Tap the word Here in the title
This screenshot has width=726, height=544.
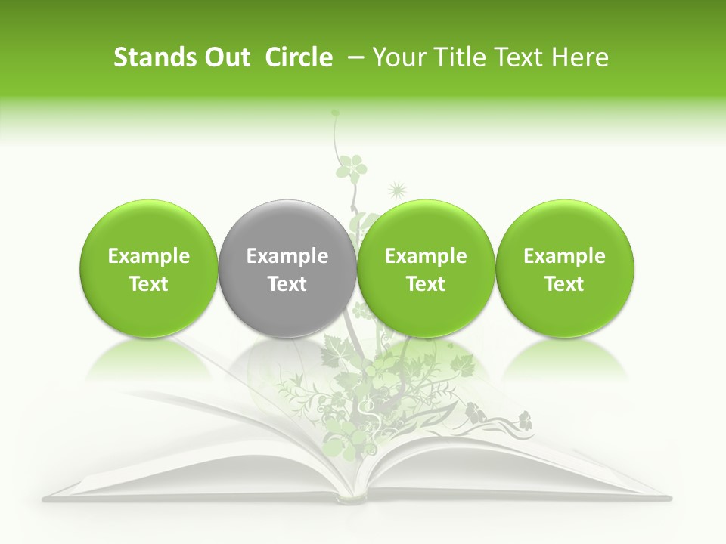pos(582,58)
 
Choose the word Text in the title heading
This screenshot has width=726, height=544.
pos(522,58)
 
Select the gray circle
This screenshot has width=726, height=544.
pos(287,269)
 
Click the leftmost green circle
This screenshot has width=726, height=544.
pos(149,269)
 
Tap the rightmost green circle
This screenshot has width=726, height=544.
pos(565,269)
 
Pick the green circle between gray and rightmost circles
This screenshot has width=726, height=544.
pos(426,269)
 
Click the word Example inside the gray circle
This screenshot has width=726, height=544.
pos(287,256)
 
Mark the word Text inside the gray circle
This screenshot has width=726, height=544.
pos(287,284)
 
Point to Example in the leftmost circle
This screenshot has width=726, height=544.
pos(149,256)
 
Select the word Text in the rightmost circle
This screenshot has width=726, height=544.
pos(565,284)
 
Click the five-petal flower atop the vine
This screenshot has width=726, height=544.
pos(351,165)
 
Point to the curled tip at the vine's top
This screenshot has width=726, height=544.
pos(336,114)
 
